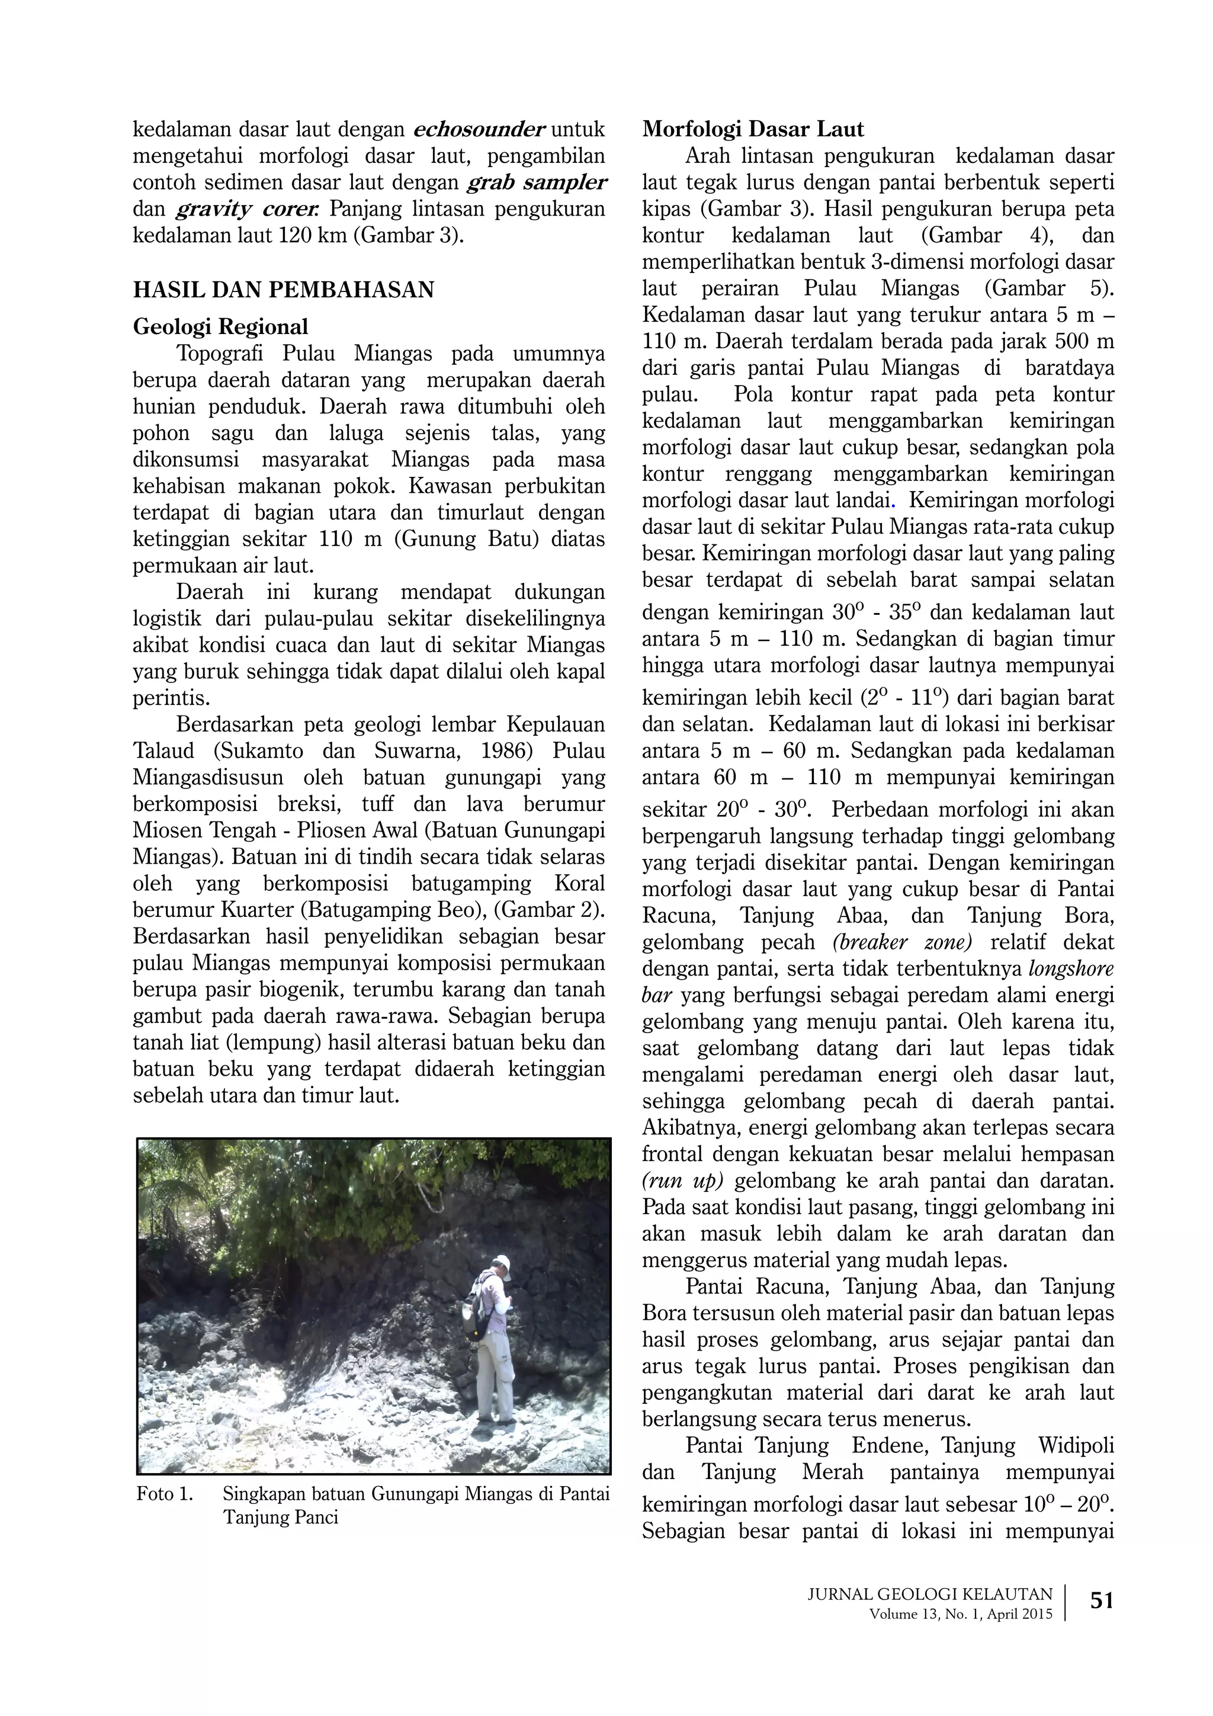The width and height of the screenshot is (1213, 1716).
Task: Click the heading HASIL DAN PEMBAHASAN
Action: [283, 290]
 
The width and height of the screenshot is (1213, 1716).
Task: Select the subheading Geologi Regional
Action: [220, 326]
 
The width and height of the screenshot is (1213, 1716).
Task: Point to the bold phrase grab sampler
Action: [537, 182]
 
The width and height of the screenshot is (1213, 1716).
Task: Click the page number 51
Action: [1102, 1600]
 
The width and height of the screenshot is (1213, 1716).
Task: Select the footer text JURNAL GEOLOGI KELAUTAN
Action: [930, 1594]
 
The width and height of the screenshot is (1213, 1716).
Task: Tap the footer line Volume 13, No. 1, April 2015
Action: [960, 1614]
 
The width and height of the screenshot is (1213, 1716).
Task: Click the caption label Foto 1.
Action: [165, 1494]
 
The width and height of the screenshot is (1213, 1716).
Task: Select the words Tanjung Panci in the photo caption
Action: [280, 1517]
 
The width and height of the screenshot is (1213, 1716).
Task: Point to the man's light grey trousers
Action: [494, 1379]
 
